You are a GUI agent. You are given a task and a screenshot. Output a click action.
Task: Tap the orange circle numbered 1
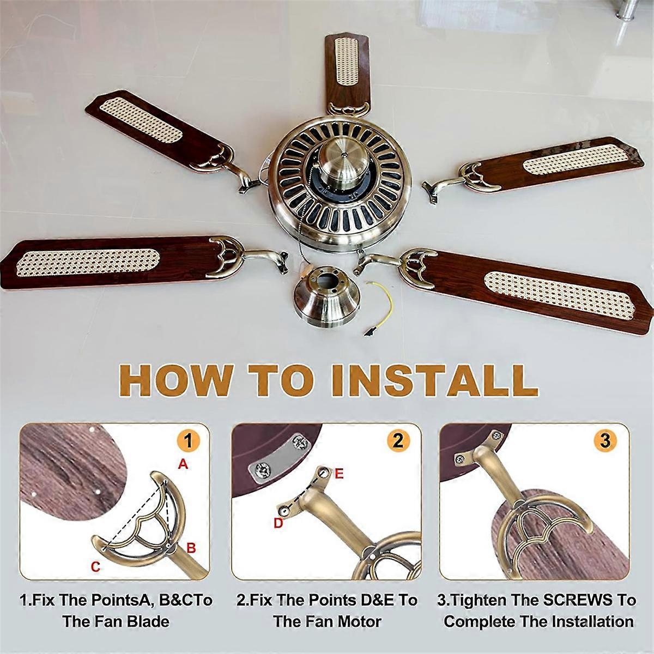(x=188, y=440)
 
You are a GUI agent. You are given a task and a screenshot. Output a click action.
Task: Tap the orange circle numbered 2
(x=398, y=440)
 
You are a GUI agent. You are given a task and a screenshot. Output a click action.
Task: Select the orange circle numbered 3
(x=605, y=440)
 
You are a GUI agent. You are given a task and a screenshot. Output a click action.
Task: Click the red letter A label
(x=183, y=464)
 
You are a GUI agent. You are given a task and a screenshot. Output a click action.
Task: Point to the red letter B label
(x=191, y=548)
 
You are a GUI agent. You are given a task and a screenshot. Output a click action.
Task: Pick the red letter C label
(x=96, y=567)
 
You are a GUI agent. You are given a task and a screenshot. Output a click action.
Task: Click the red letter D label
(x=278, y=523)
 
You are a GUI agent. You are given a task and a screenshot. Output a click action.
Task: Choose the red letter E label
(x=339, y=474)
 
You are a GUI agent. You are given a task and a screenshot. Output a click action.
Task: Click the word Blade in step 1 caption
(x=148, y=621)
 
